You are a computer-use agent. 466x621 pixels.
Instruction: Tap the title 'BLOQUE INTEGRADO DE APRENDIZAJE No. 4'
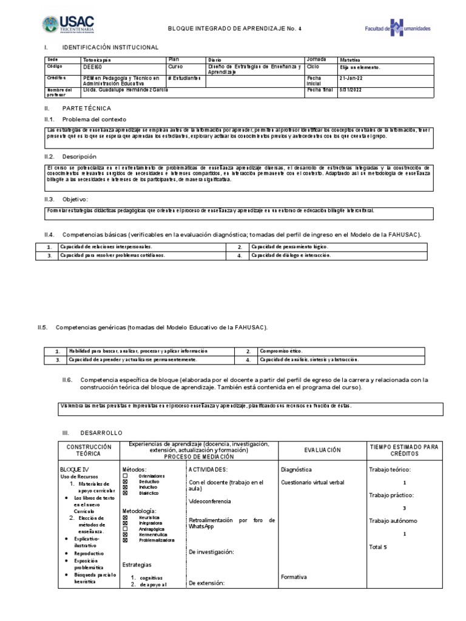tap(225, 28)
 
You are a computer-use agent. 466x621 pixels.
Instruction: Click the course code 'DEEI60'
tap(93, 69)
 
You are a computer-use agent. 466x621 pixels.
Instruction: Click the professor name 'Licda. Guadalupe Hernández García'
tap(126, 90)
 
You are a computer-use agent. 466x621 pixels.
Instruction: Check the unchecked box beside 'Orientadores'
tap(126, 476)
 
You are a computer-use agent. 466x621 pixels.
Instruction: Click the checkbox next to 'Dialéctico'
tap(126, 492)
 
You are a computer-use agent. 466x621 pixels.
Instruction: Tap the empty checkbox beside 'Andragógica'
tap(126, 528)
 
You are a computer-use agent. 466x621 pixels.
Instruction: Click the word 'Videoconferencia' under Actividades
tap(209, 502)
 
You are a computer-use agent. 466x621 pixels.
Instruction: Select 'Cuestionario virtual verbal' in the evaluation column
tap(312, 483)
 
